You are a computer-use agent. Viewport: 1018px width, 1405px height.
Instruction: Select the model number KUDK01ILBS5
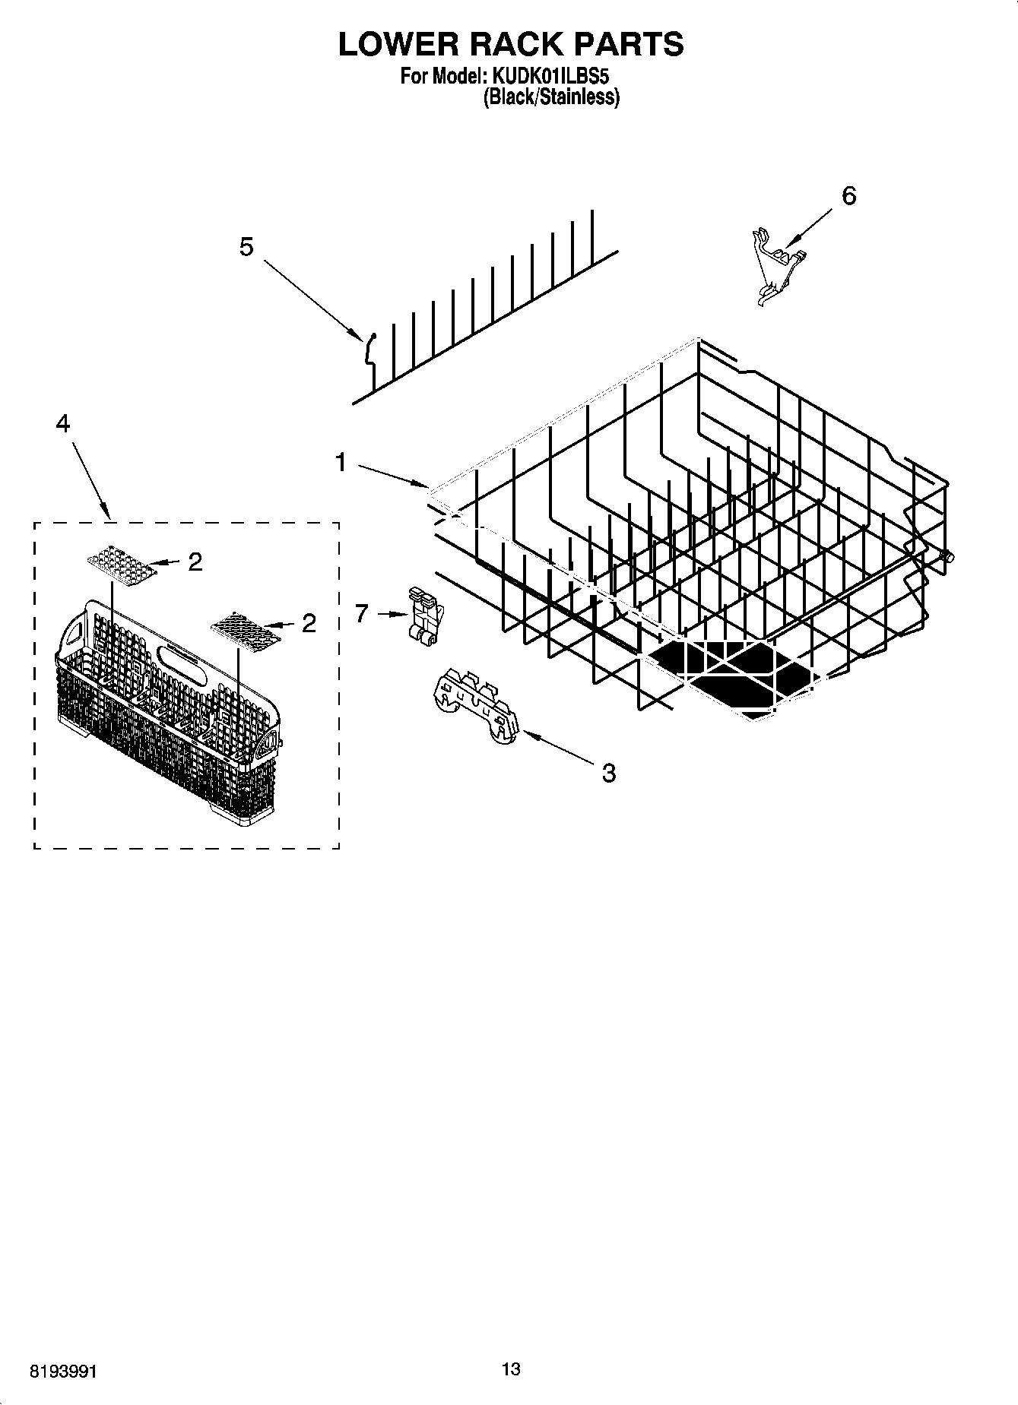tap(551, 77)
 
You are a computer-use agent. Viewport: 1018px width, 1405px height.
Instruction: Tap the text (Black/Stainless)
tap(551, 97)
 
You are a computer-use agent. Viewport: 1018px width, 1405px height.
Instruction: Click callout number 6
tap(848, 196)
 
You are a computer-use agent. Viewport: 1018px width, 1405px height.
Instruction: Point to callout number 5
tap(246, 247)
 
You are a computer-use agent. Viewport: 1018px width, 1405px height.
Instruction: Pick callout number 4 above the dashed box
tap(63, 424)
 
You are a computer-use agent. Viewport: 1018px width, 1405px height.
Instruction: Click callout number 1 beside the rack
tap(341, 461)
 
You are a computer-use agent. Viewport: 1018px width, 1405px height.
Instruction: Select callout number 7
tap(362, 612)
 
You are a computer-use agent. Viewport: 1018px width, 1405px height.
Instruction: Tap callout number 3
tap(608, 774)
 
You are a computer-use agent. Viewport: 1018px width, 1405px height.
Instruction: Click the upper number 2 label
tap(195, 562)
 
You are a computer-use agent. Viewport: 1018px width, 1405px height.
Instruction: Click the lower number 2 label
tap(308, 624)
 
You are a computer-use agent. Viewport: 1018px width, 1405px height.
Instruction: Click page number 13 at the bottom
tap(511, 1369)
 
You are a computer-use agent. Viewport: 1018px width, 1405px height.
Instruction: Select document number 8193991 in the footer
tap(63, 1372)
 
